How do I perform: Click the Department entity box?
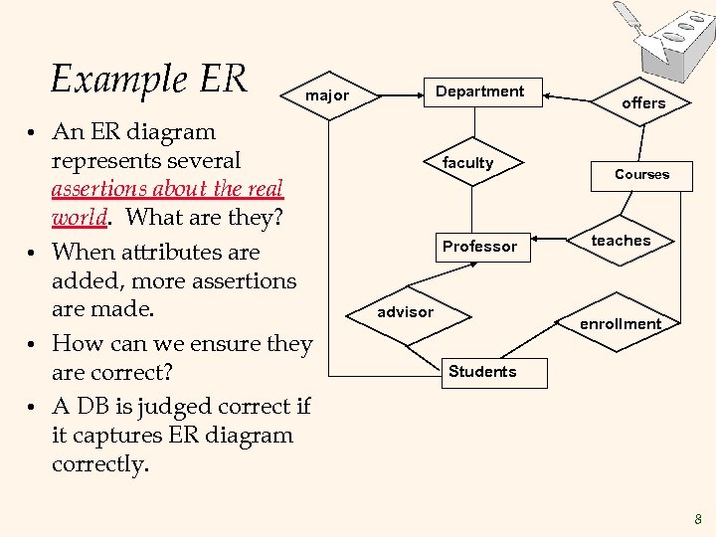pyautogui.click(x=480, y=91)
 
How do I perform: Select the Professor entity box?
pyautogui.click(x=479, y=246)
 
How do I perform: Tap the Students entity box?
pyautogui.click(x=482, y=372)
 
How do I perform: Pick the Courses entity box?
pyautogui.click(x=641, y=174)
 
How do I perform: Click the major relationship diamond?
pyautogui.click(x=327, y=96)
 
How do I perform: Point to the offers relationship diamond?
pyautogui.click(x=643, y=103)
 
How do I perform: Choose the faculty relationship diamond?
pyautogui.click(x=467, y=163)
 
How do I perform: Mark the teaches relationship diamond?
pyautogui.click(x=621, y=241)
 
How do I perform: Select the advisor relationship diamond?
pyautogui.click(x=405, y=312)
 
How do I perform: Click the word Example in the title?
pyautogui.click(x=110, y=79)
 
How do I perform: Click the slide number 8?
pyautogui.click(x=698, y=518)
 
